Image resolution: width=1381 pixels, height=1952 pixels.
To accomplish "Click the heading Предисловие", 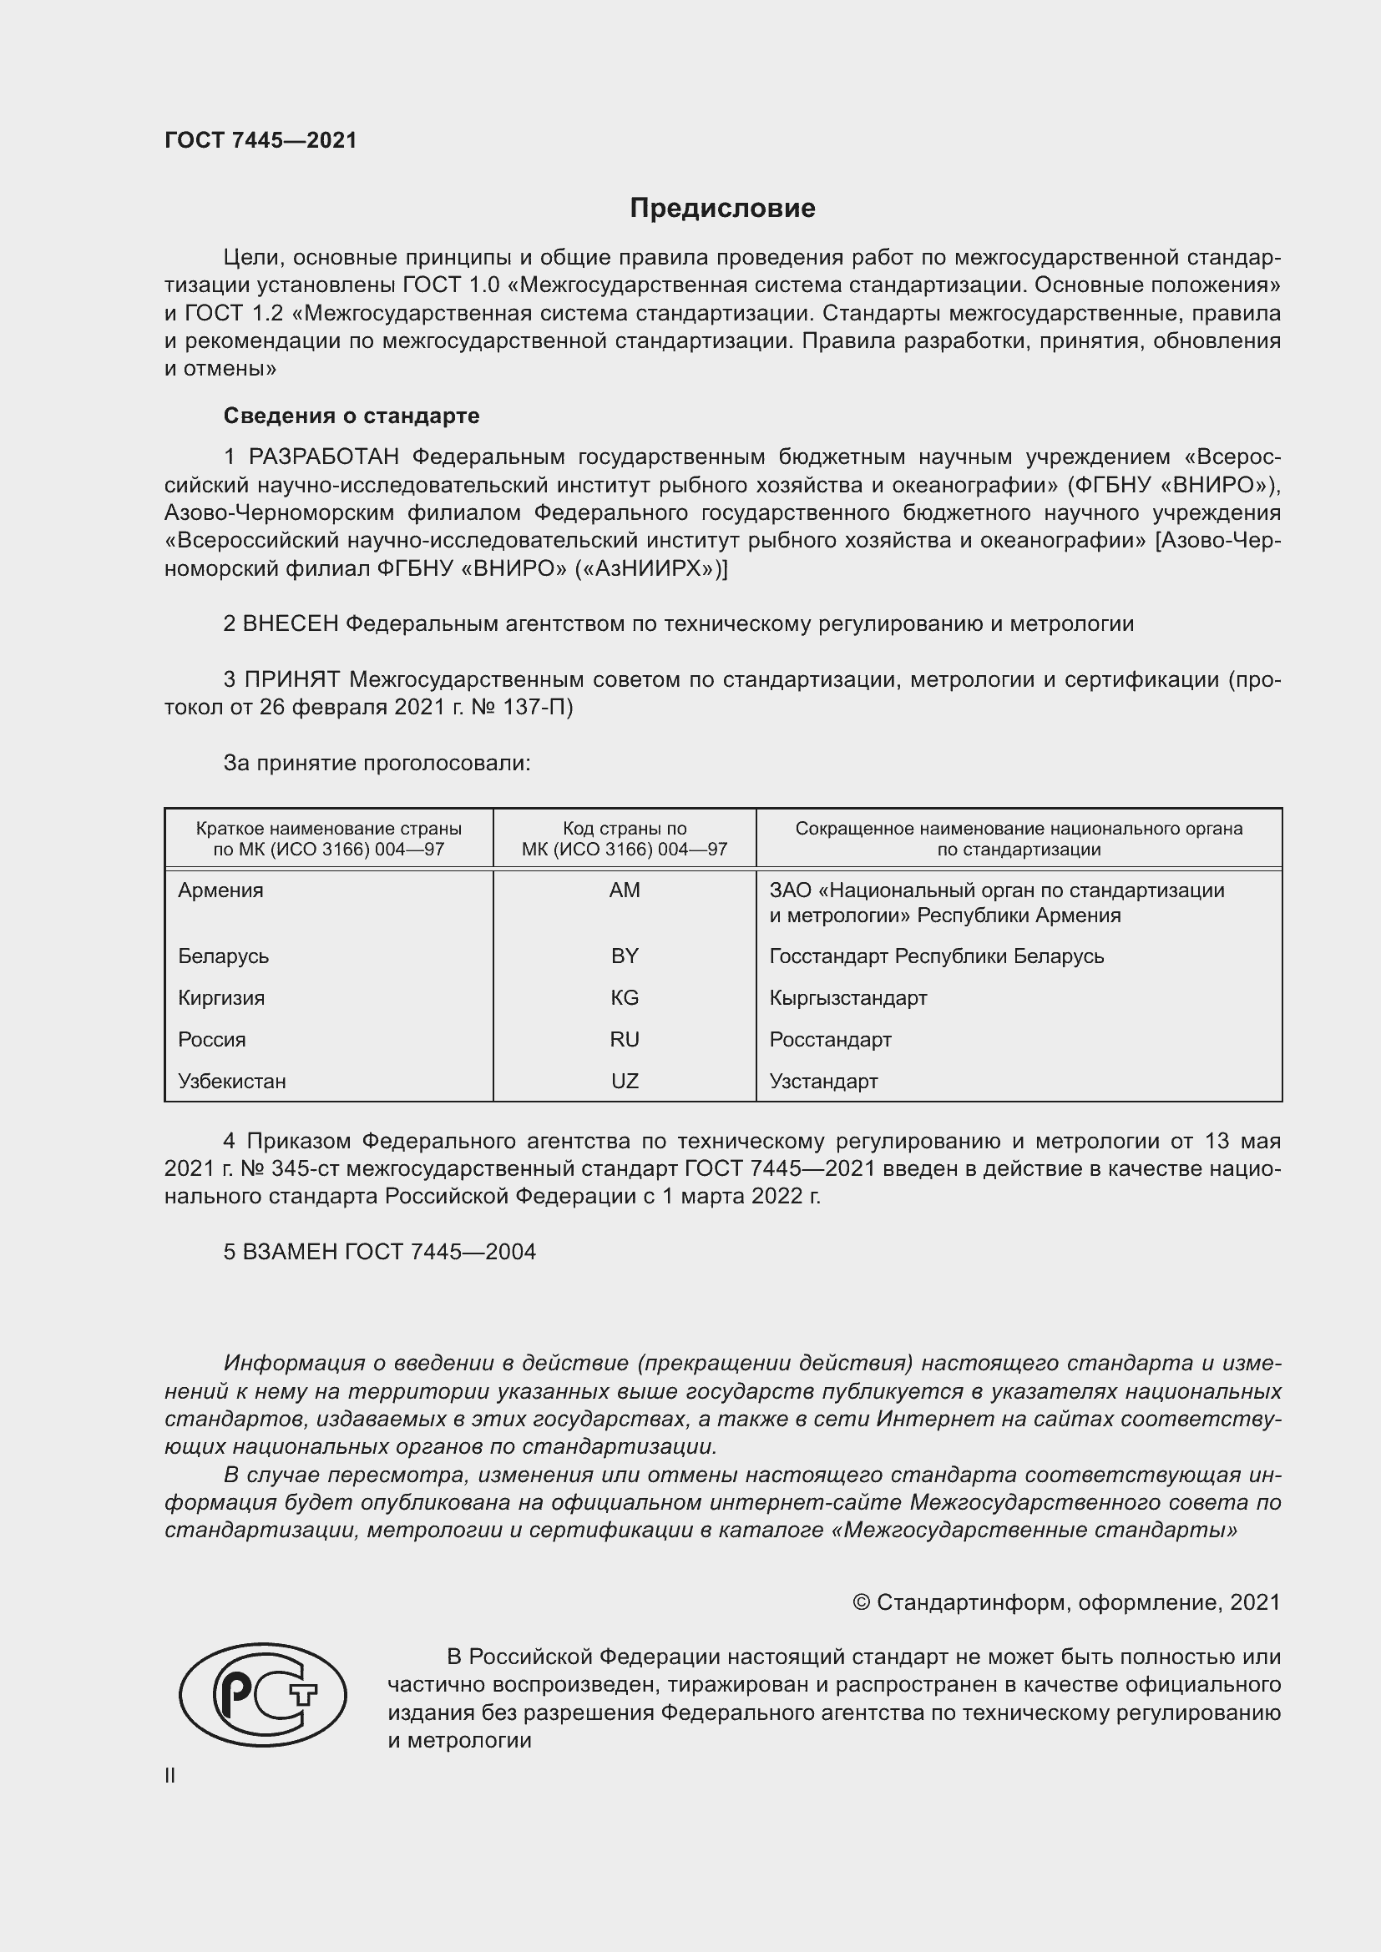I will click(x=722, y=209).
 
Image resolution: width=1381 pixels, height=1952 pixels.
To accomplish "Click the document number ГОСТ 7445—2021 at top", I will click(x=261, y=140).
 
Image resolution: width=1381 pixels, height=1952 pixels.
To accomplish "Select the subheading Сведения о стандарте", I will click(x=352, y=416).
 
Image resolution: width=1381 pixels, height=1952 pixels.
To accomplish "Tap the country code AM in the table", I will click(x=625, y=890).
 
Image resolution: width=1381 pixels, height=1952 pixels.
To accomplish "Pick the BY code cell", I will click(x=625, y=956).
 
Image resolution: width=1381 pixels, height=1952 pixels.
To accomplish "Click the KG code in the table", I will click(x=625, y=997).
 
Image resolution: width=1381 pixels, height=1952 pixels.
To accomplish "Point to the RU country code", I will click(x=625, y=1039).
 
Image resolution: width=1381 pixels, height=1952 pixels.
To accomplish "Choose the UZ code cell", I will click(x=625, y=1081).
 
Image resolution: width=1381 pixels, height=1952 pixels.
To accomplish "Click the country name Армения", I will click(x=220, y=890).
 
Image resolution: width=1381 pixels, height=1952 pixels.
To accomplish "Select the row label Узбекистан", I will click(x=231, y=1081).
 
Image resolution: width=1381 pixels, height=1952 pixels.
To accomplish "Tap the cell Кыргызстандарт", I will click(x=847, y=997).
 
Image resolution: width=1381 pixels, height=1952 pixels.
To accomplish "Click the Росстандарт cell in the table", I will click(x=830, y=1039).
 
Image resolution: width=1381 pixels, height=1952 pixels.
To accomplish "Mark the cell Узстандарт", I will click(x=823, y=1081).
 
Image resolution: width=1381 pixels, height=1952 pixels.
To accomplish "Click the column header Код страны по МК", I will click(x=625, y=838).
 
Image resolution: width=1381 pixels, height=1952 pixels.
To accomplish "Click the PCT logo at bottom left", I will click(x=263, y=1694).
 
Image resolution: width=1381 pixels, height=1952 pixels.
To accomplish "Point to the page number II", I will click(x=170, y=1775).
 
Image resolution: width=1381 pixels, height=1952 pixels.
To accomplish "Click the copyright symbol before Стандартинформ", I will click(x=861, y=1602).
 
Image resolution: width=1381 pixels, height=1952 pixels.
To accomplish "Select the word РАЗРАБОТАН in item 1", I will click(x=323, y=457).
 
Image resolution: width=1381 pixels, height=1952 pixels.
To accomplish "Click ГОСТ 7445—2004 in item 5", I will click(x=440, y=1252).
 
